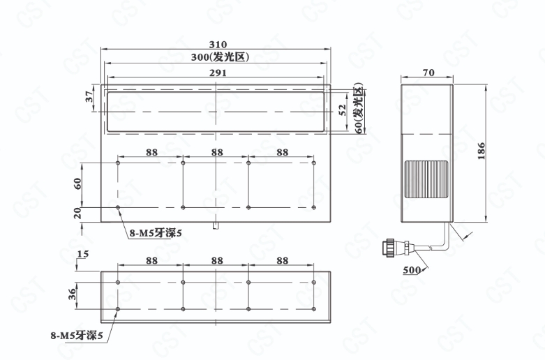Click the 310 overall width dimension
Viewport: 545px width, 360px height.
pos(218,45)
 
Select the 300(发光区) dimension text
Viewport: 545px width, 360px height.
pos(220,57)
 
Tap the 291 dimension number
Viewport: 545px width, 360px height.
pos(218,73)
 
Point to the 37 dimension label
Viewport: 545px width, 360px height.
pos(90,96)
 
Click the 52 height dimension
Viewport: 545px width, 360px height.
pos(343,110)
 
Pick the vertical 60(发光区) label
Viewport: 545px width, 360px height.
pos(359,107)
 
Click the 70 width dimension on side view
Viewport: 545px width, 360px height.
pos(428,73)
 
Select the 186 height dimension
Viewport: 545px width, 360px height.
pos(481,151)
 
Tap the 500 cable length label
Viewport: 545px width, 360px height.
pos(412,270)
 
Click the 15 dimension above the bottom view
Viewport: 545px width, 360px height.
pos(83,254)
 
